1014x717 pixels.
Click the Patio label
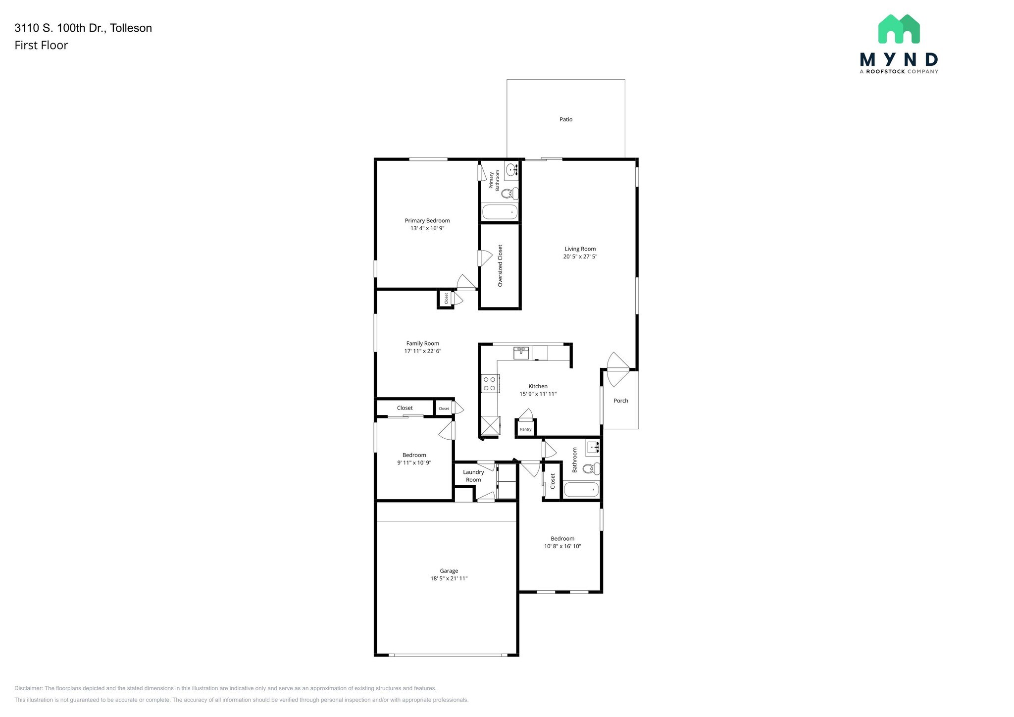point(566,119)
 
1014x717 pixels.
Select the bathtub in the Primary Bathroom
point(500,212)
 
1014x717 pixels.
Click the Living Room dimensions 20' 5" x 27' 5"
point(580,256)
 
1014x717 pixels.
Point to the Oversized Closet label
point(500,265)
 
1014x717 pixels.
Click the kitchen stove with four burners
point(489,384)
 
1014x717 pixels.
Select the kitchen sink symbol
point(521,353)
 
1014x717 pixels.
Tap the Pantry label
point(526,429)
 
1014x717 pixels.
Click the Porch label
point(621,401)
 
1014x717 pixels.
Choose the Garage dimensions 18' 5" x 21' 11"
point(449,578)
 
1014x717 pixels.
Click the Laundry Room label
point(473,476)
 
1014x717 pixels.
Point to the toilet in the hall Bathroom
point(591,468)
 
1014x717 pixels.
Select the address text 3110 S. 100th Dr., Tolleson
point(83,28)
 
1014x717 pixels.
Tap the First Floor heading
point(41,45)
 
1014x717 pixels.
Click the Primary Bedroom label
point(427,221)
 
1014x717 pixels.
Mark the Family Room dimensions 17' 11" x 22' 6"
point(423,351)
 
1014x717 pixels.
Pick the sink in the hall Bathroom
point(593,448)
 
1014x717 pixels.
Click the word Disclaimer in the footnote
point(28,688)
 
